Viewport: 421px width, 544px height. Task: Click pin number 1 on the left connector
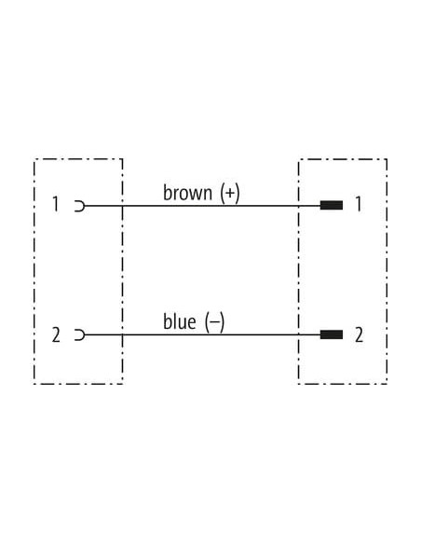(56, 204)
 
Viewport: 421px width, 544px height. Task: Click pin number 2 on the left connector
(56, 334)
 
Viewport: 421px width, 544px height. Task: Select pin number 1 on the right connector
(359, 204)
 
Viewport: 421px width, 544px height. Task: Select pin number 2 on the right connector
(359, 334)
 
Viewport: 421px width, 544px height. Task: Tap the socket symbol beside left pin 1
(84, 206)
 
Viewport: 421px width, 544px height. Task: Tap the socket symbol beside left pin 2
(84, 335)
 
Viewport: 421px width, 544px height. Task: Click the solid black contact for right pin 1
(332, 205)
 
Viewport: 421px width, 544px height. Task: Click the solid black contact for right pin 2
(332, 334)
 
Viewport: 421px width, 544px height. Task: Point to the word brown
(187, 193)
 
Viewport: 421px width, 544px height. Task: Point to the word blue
(179, 321)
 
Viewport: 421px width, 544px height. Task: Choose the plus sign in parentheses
(230, 193)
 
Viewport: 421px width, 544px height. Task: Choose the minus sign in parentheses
(214, 322)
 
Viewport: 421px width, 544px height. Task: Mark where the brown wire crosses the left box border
(122, 206)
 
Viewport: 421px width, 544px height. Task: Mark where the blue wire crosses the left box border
(122, 334)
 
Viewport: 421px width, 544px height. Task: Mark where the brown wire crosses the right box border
(299, 206)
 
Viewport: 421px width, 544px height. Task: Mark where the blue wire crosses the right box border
(299, 334)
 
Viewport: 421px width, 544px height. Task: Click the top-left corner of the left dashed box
(34, 159)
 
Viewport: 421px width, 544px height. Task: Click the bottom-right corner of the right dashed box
(387, 384)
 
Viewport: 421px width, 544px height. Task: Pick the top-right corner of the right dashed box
(387, 159)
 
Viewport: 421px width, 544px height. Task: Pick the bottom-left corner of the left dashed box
(34, 384)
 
